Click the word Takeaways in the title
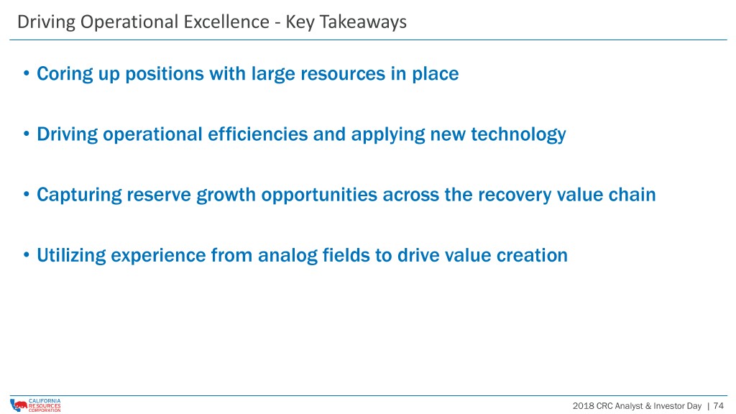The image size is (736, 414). pyautogui.click(x=363, y=22)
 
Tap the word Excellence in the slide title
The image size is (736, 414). pyautogui.click(x=226, y=22)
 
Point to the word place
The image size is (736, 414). pyautogui.click(x=435, y=74)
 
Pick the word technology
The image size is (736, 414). pyautogui.click(x=518, y=134)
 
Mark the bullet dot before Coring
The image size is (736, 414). pyautogui.click(x=27, y=74)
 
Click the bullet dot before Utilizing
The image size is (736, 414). pyautogui.click(x=27, y=255)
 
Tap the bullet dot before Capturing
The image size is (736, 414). pyautogui.click(x=27, y=195)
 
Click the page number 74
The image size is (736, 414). pyautogui.click(x=718, y=405)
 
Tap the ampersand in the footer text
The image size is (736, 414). pyautogui.click(x=648, y=405)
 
